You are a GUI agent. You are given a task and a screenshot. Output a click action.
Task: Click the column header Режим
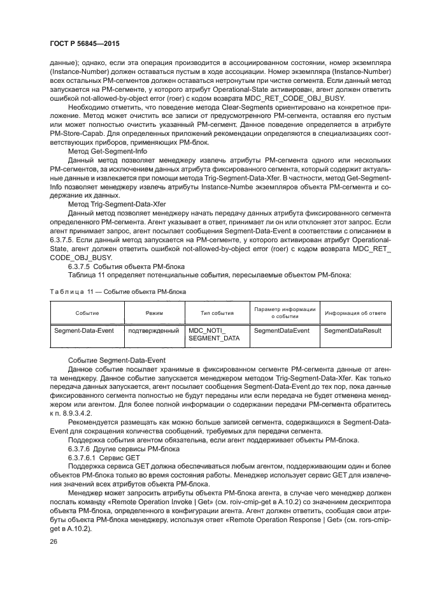(153, 314)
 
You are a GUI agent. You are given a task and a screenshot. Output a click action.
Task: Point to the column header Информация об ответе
(354, 314)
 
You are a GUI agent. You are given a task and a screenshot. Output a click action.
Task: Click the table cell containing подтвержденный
(153, 331)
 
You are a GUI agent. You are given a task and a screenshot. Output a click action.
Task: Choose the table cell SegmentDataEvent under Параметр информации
(282, 331)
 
